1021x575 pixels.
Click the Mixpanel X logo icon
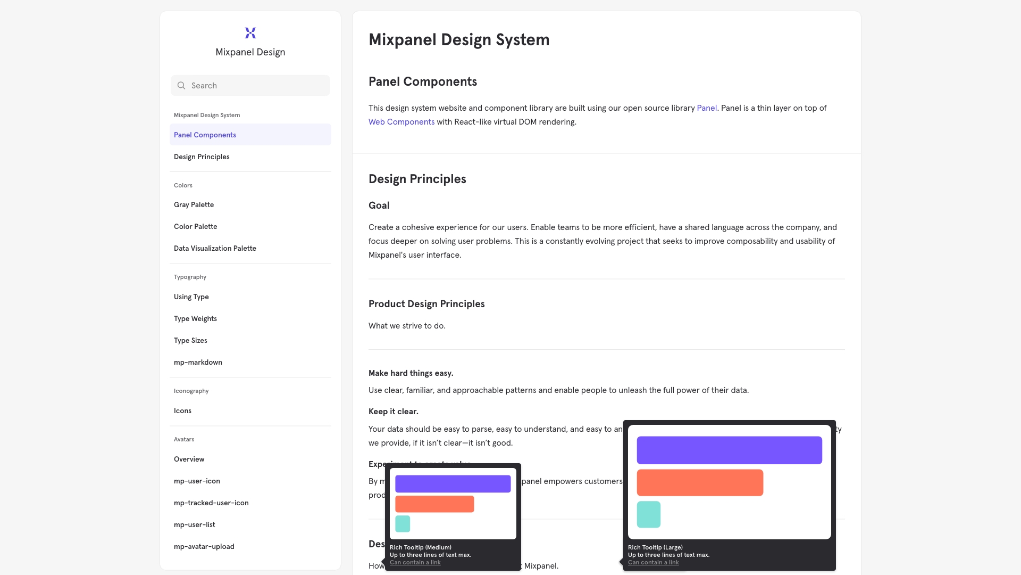pyautogui.click(x=250, y=33)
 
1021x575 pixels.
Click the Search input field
pyautogui.click(x=255, y=86)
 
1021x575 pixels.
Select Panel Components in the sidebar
pyautogui.click(x=205, y=135)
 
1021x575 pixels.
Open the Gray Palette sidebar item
pyautogui.click(x=194, y=205)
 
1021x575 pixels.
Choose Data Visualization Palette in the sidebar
pyautogui.click(x=215, y=249)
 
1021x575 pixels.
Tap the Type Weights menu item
pyautogui.click(x=195, y=319)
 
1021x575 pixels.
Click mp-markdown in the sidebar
pyautogui.click(x=198, y=363)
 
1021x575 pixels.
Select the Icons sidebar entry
pyautogui.click(x=182, y=411)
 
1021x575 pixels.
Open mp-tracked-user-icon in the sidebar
pyautogui.click(x=211, y=503)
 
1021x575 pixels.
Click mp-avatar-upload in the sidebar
pyautogui.click(x=204, y=547)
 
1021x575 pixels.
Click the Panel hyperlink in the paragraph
pyautogui.click(x=707, y=108)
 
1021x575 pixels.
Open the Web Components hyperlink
pyautogui.click(x=401, y=122)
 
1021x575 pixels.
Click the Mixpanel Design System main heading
pyautogui.click(x=459, y=40)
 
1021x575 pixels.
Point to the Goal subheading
pyautogui.click(x=379, y=206)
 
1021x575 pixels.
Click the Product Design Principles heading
pyautogui.click(x=426, y=304)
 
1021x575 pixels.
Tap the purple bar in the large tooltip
pyautogui.click(x=729, y=450)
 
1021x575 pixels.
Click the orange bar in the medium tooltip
pyautogui.click(x=434, y=504)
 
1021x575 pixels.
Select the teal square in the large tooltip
pyautogui.click(x=649, y=514)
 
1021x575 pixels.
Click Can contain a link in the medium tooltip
pyautogui.click(x=415, y=563)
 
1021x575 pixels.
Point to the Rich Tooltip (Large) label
pyautogui.click(x=655, y=547)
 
